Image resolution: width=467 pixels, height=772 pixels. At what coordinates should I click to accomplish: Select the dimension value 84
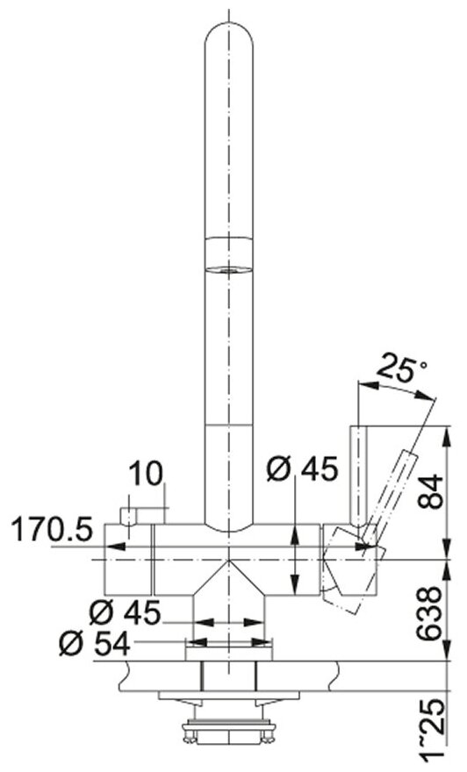(x=430, y=491)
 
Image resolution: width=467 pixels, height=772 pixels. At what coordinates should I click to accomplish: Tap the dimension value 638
(x=430, y=613)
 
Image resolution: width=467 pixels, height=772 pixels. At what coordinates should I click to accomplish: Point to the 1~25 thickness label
(x=430, y=734)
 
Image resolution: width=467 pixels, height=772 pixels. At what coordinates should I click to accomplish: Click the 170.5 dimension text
(x=52, y=530)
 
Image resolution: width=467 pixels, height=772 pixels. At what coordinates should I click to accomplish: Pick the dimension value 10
(x=146, y=474)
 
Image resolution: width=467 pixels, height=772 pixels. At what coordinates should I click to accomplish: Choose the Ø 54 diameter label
(x=95, y=643)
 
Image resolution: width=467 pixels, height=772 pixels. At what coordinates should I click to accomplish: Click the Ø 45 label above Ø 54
(x=125, y=613)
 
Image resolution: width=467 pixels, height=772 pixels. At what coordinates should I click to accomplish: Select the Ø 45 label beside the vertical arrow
(x=303, y=468)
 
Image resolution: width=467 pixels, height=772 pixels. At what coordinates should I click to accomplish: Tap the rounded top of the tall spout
(x=228, y=34)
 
